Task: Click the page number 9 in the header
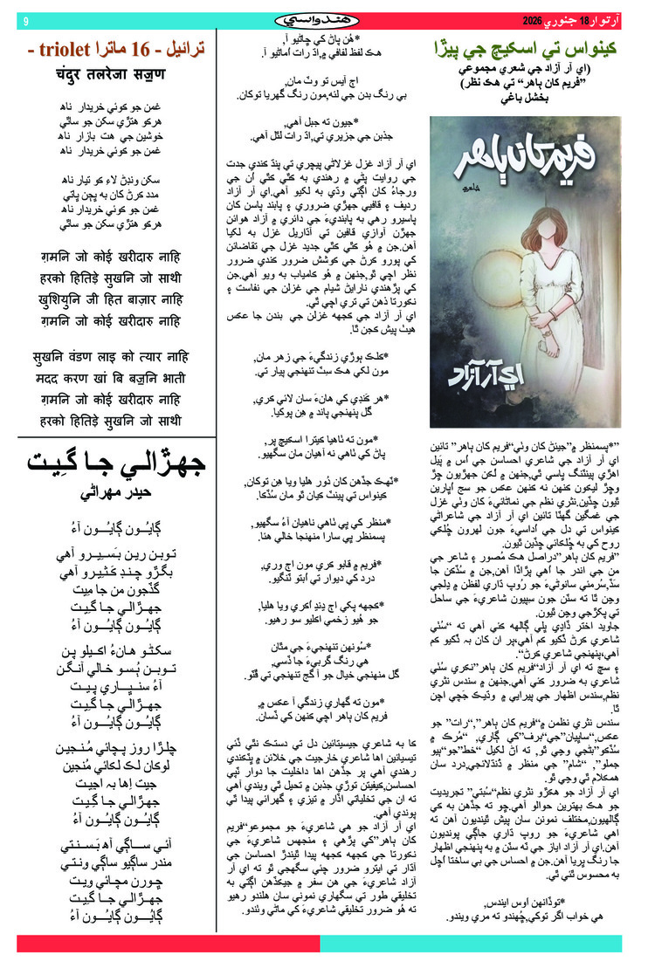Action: [25, 19]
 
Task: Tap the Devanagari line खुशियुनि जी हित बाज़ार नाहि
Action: [111, 299]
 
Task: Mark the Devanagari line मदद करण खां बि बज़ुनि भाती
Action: [111, 380]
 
